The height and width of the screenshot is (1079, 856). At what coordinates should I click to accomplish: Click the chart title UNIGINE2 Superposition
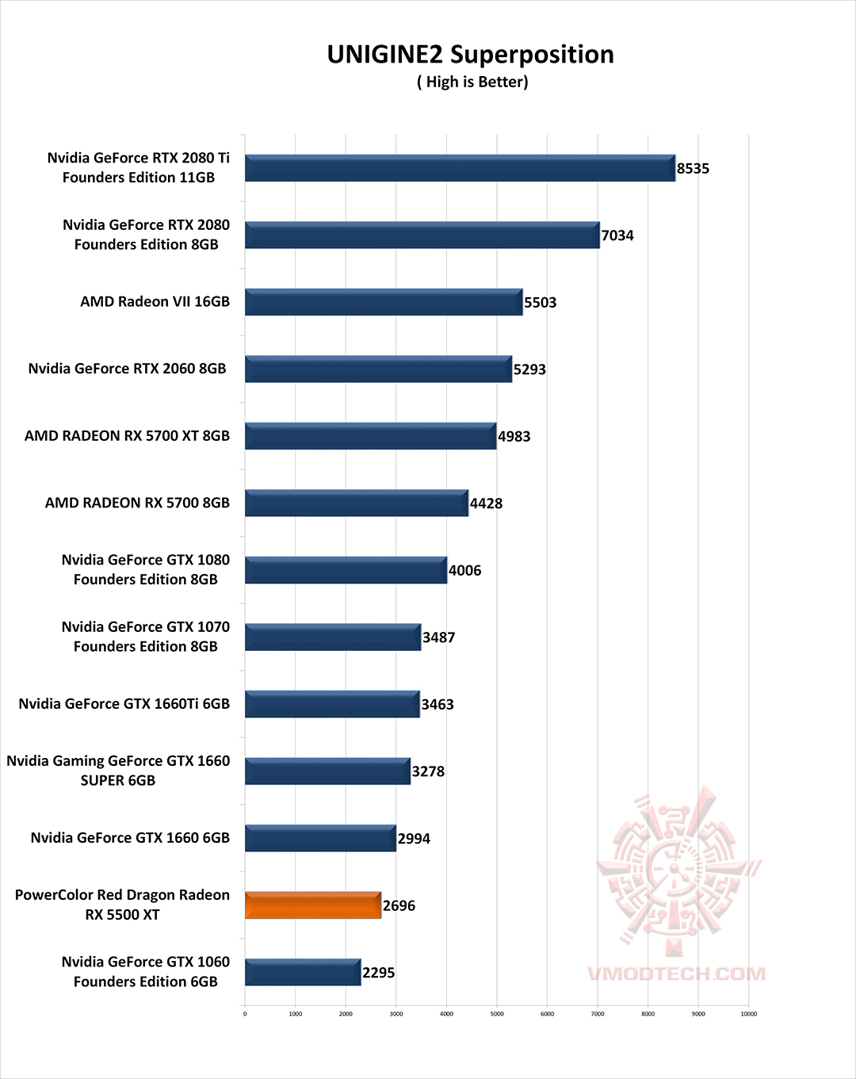coord(470,55)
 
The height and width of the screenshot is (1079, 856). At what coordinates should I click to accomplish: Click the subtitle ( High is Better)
coord(472,82)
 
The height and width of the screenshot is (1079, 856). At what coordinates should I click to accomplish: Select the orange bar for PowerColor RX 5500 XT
coord(313,905)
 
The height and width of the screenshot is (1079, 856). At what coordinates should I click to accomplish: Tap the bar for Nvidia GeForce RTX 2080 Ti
coord(460,168)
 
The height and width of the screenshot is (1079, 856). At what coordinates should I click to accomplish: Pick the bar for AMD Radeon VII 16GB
coord(384,302)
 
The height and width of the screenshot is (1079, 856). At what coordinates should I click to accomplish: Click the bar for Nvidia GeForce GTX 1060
coord(303,973)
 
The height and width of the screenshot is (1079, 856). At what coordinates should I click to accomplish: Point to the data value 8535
coord(693,169)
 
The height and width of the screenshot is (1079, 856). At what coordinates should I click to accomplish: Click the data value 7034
coord(617,235)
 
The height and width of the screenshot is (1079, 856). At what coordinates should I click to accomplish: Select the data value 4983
coord(514,437)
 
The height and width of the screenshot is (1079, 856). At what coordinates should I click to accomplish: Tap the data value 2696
coord(399,905)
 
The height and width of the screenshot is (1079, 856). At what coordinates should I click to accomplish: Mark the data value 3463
coord(438,705)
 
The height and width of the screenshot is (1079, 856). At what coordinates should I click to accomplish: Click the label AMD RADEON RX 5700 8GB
coord(137,503)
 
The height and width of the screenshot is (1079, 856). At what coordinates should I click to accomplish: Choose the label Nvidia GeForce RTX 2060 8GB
coord(127,369)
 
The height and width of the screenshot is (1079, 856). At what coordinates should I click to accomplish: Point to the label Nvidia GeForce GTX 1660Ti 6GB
coord(124,704)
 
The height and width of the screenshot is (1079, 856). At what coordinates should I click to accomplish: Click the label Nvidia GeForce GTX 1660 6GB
coord(130,838)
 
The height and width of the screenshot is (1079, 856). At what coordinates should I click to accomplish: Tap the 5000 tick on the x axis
coord(497,1014)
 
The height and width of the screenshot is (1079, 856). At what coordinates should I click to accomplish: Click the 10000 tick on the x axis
coord(748,1014)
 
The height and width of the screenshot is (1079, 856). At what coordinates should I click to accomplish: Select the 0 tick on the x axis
coord(245,1014)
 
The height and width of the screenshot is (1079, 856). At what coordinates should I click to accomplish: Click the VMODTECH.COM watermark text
coord(676,974)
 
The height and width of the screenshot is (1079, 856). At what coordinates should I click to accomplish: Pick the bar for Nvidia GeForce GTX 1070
coord(333,637)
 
